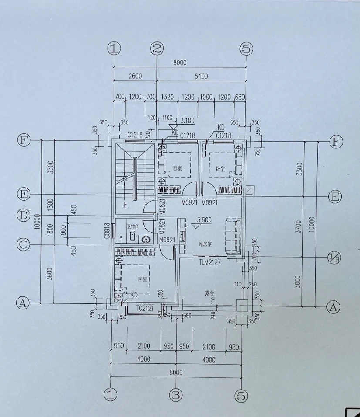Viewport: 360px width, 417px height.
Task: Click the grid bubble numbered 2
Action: (x=157, y=49)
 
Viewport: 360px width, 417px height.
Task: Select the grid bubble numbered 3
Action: (x=176, y=395)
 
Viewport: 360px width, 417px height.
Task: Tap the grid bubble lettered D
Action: (x=23, y=215)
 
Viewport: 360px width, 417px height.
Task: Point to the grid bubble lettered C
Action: (x=23, y=245)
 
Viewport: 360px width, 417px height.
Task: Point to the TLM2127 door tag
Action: (x=210, y=262)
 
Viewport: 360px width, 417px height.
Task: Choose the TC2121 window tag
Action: (x=145, y=308)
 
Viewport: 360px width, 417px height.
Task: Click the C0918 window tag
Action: (x=107, y=230)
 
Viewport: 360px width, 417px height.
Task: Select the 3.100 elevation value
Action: (x=187, y=120)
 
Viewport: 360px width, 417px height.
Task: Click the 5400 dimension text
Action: (x=201, y=77)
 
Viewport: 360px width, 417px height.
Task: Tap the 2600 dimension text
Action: (x=135, y=77)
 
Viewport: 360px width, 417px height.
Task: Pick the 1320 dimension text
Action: (x=168, y=96)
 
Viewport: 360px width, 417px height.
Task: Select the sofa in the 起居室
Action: (x=234, y=235)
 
